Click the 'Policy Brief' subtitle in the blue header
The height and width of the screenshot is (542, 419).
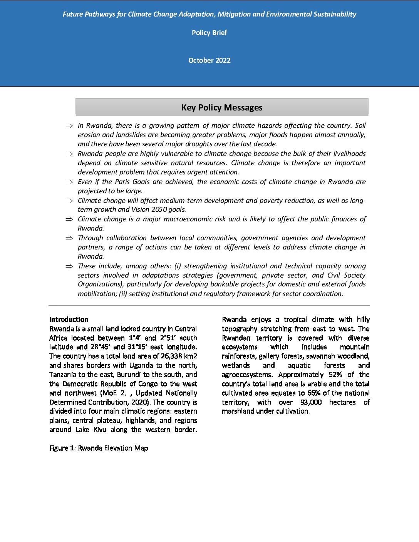209,33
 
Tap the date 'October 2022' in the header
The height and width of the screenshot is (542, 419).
209,60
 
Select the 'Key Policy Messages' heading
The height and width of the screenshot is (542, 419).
222,107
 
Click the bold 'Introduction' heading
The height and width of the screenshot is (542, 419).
69,320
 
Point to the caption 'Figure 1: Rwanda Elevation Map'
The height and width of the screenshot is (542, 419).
99,448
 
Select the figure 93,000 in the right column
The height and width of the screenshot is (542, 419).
311,402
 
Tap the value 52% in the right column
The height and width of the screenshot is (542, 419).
335,375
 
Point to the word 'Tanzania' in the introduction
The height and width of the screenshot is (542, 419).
63,375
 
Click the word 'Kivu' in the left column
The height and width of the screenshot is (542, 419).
100,430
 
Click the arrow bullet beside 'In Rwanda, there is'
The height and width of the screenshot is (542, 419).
69,126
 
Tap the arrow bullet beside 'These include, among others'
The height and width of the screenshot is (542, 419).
69,266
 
